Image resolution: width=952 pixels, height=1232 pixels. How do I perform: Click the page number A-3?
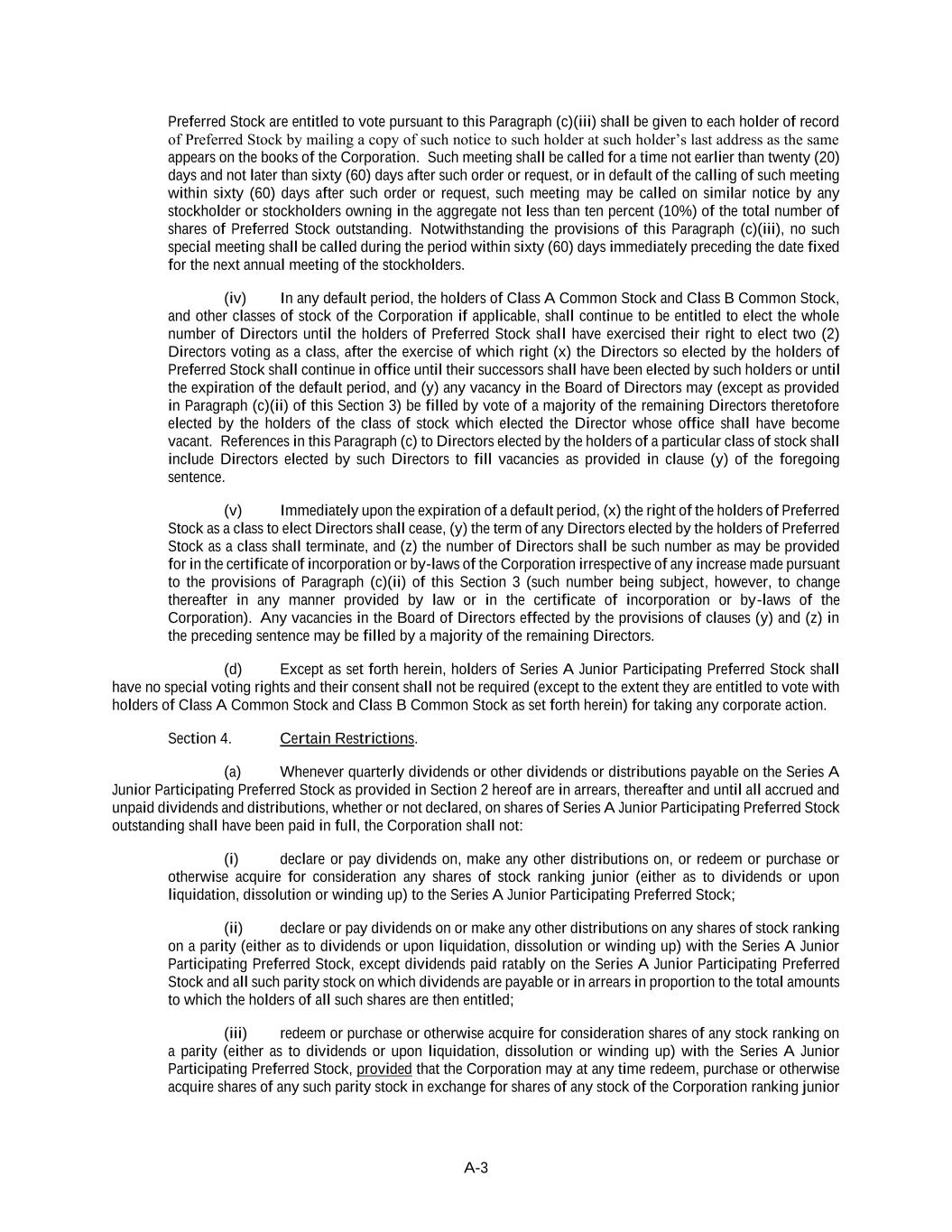pyautogui.click(x=476, y=1168)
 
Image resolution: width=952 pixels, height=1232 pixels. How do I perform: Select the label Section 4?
pyautogui.click(x=199, y=738)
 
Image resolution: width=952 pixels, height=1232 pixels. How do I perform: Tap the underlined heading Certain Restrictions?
pyautogui.click(x=347, y=738)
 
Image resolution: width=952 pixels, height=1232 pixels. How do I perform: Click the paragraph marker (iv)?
pyautogui.click(x=235, y=298)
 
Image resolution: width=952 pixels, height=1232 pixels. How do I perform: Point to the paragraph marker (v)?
pyautogui.click(x=233, y=510)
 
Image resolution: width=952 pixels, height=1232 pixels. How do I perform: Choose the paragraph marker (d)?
pyautogui.click(x=233, y=669)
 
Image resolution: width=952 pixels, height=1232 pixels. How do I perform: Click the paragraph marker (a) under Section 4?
pyautogui.click(x=233, y=772)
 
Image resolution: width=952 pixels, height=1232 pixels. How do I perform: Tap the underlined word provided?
pyautogui.click(x=384, y=1070)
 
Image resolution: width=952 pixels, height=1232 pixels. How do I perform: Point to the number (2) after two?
pyautogui.click(x=827, y=334)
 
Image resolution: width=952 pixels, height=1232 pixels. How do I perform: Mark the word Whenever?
pyautogui.click(x=310, y=772)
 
